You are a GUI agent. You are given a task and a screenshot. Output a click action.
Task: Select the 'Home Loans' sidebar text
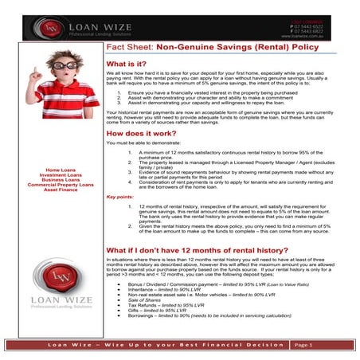pyautogui.click(x=61, y=170)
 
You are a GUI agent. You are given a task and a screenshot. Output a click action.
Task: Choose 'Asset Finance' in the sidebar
pyautogui.click(x=61, y=190)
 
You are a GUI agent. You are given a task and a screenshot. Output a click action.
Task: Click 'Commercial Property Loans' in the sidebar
pyautogui.click(x=61, y=185)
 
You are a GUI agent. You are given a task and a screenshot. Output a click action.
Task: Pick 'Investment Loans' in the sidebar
pyautogui.click(x=61, y=175)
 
